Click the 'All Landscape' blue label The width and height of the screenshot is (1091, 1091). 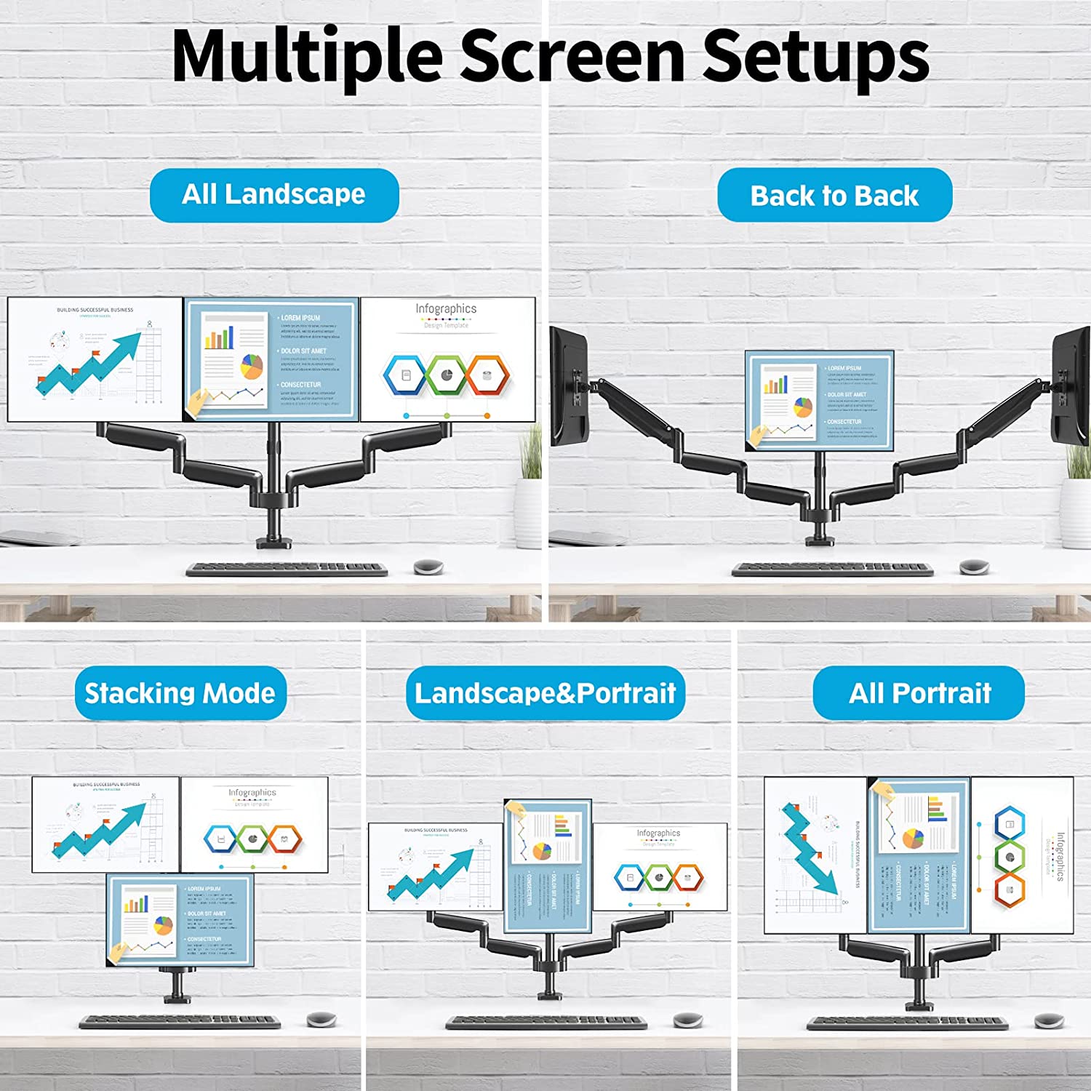coord(274,195)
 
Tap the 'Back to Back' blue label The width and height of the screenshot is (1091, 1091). coord(834,196)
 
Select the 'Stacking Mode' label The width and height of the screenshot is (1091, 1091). coord(180,693)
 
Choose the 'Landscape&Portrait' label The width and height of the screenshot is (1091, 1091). coord(545,693)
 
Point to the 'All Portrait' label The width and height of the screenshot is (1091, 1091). coord(919,693)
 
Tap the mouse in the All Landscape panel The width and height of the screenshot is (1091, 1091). coord(428,566)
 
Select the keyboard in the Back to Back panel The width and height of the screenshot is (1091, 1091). coord(832,569)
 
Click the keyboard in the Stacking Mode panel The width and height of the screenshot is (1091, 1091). coord(180,1022)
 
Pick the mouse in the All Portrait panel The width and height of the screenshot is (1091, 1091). coord(1049,1020)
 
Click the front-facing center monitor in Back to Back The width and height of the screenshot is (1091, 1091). coord(820,400)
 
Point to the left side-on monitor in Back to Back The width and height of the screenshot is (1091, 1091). coord(569,385)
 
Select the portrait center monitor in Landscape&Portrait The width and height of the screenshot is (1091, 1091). coord(548,866)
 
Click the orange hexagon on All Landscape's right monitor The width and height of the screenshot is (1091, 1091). coord(487,375)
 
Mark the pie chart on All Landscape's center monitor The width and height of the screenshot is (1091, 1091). coord(252,366)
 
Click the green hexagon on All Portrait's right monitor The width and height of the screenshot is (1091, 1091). coord(1010,857)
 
